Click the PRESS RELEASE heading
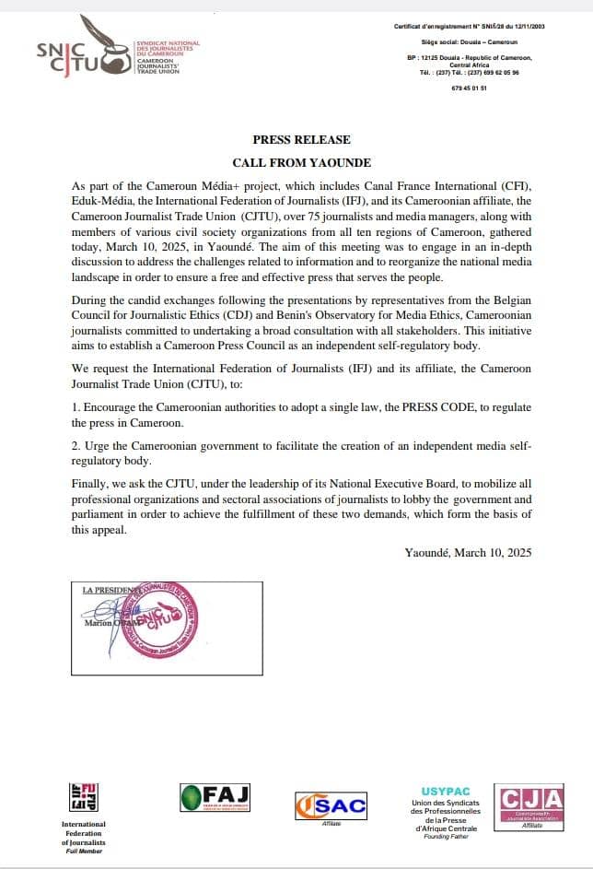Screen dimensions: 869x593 301,140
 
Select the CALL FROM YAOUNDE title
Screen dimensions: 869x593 301,161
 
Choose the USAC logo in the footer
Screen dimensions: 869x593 331,805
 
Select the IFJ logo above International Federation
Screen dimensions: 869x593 84,797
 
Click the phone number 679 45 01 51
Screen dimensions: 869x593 471,88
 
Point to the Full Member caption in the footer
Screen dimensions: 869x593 83,851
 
